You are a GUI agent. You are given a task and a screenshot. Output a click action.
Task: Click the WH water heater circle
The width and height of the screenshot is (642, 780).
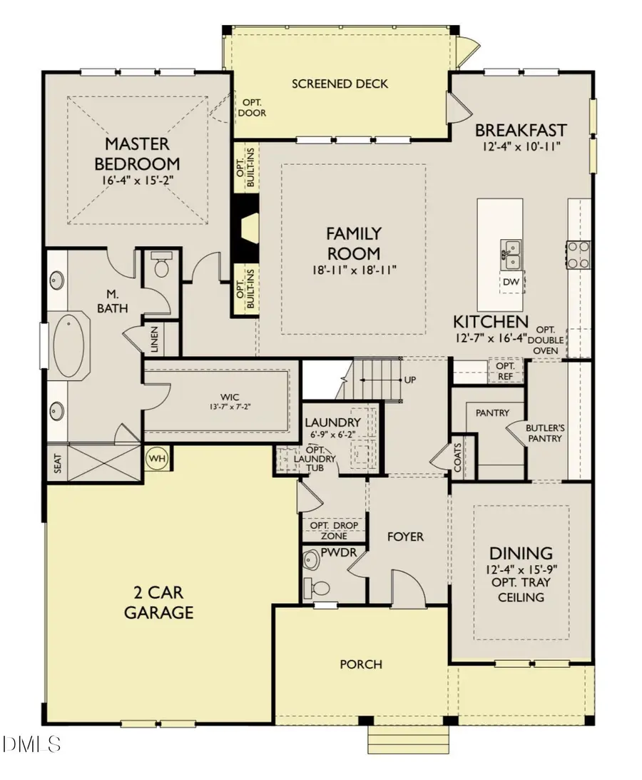tap(158, 458)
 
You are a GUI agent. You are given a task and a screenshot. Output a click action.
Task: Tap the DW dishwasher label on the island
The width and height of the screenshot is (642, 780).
tap(511, 282)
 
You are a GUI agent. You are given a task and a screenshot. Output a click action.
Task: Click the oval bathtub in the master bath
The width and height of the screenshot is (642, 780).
tap(68, 345)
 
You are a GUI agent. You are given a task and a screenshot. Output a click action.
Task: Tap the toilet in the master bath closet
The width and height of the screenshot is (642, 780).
tap(161, 265)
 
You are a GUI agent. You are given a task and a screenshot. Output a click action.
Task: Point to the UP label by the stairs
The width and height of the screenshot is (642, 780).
tap(409, 380)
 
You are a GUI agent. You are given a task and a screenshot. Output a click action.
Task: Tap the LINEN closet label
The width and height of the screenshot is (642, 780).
tap(154, 339)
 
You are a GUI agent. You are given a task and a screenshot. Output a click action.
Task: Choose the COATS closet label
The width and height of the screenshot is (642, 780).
tap(457, 457)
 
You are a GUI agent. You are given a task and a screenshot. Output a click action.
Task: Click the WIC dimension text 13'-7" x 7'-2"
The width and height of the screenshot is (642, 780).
tap(229, 407)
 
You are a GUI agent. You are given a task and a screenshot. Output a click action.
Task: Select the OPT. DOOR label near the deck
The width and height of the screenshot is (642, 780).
tap(252, 108)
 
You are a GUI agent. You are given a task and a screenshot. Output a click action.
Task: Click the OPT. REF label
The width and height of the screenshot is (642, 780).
tap(505, 371)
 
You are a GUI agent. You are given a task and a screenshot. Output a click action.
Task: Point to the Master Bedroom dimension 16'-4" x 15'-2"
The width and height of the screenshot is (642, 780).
tap(137, 180)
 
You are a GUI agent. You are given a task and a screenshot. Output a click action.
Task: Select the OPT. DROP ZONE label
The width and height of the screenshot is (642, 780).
tap(334, 531)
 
